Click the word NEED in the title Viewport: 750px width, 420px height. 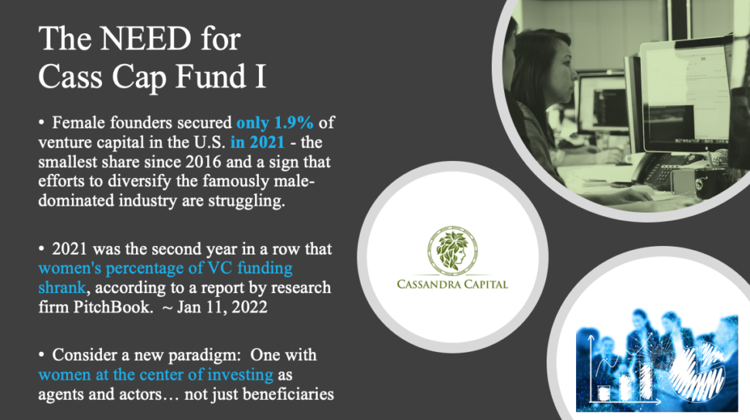(145, 39)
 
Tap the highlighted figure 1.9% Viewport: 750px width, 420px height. (294, 122)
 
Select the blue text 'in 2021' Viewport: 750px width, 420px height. (257, 142)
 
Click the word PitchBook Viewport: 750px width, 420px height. (112, 306)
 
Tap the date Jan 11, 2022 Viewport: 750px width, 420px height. (222, 307)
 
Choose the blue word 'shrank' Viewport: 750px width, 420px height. (62, 288)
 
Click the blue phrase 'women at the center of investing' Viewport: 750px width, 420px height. (155, 374)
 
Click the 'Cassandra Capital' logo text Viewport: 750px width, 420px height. (452, 285)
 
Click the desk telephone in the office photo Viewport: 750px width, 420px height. (658, 170)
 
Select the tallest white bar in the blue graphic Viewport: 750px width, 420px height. (646, 381)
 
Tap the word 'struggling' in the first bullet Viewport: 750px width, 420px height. (247, 200)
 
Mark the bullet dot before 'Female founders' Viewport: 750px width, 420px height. (42, 123)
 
